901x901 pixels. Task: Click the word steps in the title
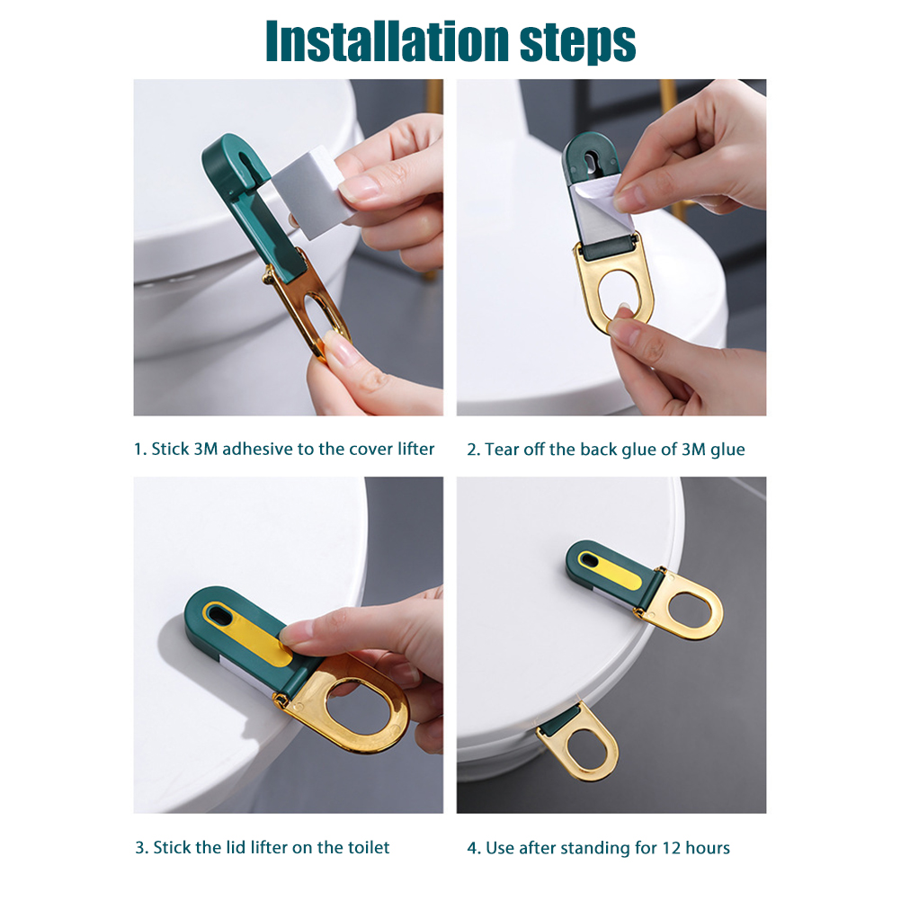click(x=578, y=44)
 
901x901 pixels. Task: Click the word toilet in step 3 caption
click(x=369, y=848)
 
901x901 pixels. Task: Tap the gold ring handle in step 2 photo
click(x=613, y=288)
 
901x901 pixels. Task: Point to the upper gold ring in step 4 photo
click(x=682, y=606)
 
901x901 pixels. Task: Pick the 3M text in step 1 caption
click(x=206, y=449)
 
